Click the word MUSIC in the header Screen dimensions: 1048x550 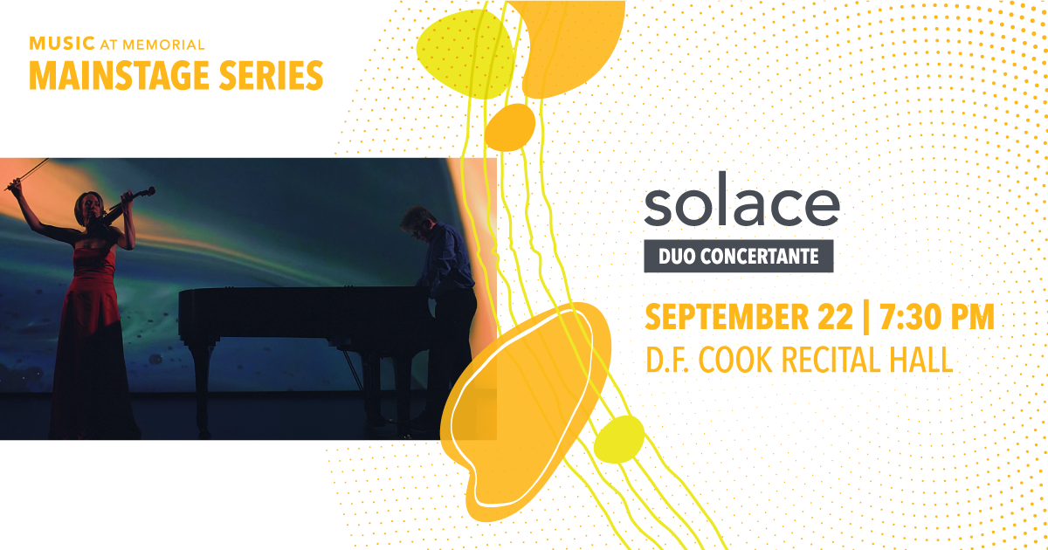pos(62,44)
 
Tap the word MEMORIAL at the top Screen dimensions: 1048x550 pos(163,45)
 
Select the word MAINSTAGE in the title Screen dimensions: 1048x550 pos(119,75)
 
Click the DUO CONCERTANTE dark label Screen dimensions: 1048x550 pos(739,256)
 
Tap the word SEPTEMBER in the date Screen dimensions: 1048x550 pos(727,318)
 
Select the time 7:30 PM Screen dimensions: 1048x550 pos(937,318)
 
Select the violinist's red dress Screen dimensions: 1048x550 pos(91,341)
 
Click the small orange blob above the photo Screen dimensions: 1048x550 pos(509,127)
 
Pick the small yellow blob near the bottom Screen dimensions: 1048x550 pos(619,439)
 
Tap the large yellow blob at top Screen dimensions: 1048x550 pos(465,54)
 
